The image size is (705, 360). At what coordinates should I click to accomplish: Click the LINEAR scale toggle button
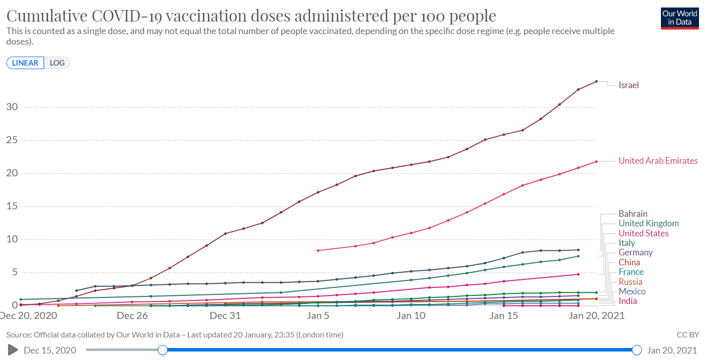pyautogui.click(x=25, y=63)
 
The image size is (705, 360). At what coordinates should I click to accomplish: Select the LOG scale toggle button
pyautogui.click(x=57, y=63)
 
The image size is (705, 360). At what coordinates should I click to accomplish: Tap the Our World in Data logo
pyautogui.click(x=679, y=18)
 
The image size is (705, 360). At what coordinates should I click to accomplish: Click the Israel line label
pyautogui.click(x=628, y=85)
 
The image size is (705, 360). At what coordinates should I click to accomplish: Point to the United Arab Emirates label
pyautogui.click(x=658, y=161)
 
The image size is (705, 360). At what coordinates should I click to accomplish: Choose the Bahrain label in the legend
pyautogui.click(x=632, y=214)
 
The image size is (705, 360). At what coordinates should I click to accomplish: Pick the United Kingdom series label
pyautogui.click(x=648, y=223)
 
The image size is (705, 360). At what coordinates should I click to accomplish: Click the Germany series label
pyautogui.click(x=635, y=252)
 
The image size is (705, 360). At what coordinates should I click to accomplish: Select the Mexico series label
pyautogui.click(x=632, y=291)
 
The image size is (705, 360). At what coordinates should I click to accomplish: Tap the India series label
pyautogui.click(x=628, y=301)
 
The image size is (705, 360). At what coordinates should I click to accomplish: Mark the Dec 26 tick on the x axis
pyautogui.click(x=132, y=315)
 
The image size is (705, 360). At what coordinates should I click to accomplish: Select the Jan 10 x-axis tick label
pyautogui.click(x=411, y=315)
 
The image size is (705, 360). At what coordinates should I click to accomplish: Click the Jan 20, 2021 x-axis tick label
pyautogui.click(x=597, y=315)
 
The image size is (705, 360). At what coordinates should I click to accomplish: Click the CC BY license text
pyautogui.click(x=687, y=334)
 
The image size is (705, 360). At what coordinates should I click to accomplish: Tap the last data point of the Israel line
pyautogui.click(x=596, y=81)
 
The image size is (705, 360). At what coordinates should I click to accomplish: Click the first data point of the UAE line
pyautogui.click(x=318, y=250)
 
